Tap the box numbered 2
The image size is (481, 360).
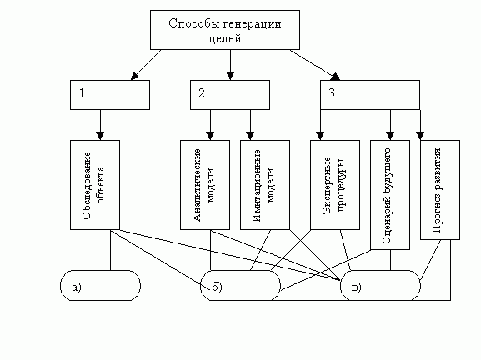pyautogui.click(x=229, y=94)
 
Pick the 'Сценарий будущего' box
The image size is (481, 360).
pyautogui.click(x=390, y=193)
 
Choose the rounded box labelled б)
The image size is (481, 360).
pyautogui.click(x=240, y=286)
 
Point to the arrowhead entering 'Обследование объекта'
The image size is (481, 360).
pyautogui.click(x=101, y=136)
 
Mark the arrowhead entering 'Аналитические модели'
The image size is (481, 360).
pyautogui.click(x=210, y=136)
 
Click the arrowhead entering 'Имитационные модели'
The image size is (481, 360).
pyautogui.click(x=251, y=136)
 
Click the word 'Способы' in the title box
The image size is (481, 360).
pyautogui.click(x=191, y=23)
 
